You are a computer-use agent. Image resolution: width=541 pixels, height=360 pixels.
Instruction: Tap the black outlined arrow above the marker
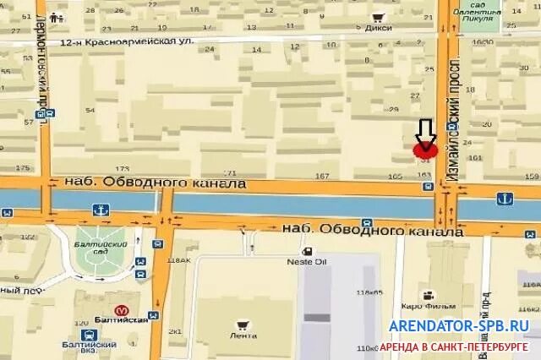click(x=425, y=131)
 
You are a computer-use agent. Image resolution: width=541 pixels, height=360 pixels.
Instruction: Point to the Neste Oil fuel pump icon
click(x=308, y=251)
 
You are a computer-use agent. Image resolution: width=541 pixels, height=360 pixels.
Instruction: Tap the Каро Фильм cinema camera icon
click(x=429, y=295)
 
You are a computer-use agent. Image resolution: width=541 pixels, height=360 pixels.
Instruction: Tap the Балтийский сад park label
click(x=101, y=248)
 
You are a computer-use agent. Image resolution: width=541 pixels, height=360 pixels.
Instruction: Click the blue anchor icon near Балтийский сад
click(x=101, y=209)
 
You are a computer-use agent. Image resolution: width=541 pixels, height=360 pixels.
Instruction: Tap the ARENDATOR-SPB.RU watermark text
click(x=460, y=325)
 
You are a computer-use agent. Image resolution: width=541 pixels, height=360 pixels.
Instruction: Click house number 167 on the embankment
click(x=320, y=176)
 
